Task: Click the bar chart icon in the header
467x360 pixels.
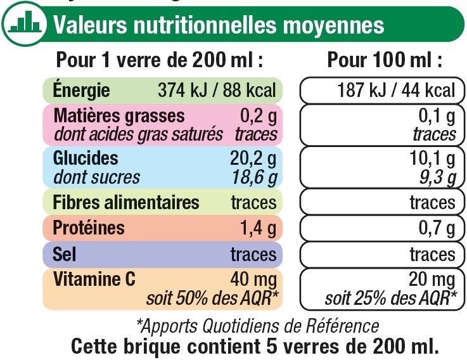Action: (25, 23)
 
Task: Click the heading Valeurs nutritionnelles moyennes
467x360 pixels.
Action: (219, 25)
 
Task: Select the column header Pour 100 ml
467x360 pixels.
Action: (385, 60)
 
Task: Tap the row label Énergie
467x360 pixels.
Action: (82, 90)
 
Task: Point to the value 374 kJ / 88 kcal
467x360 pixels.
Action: (217, 91)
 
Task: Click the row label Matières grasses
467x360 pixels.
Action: (120, 115)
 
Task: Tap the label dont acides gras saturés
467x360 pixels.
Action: (138, 134)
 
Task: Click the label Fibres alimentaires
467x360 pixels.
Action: (127, 203)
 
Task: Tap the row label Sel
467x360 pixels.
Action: (65, 254)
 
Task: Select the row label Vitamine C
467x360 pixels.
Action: (95, 278)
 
